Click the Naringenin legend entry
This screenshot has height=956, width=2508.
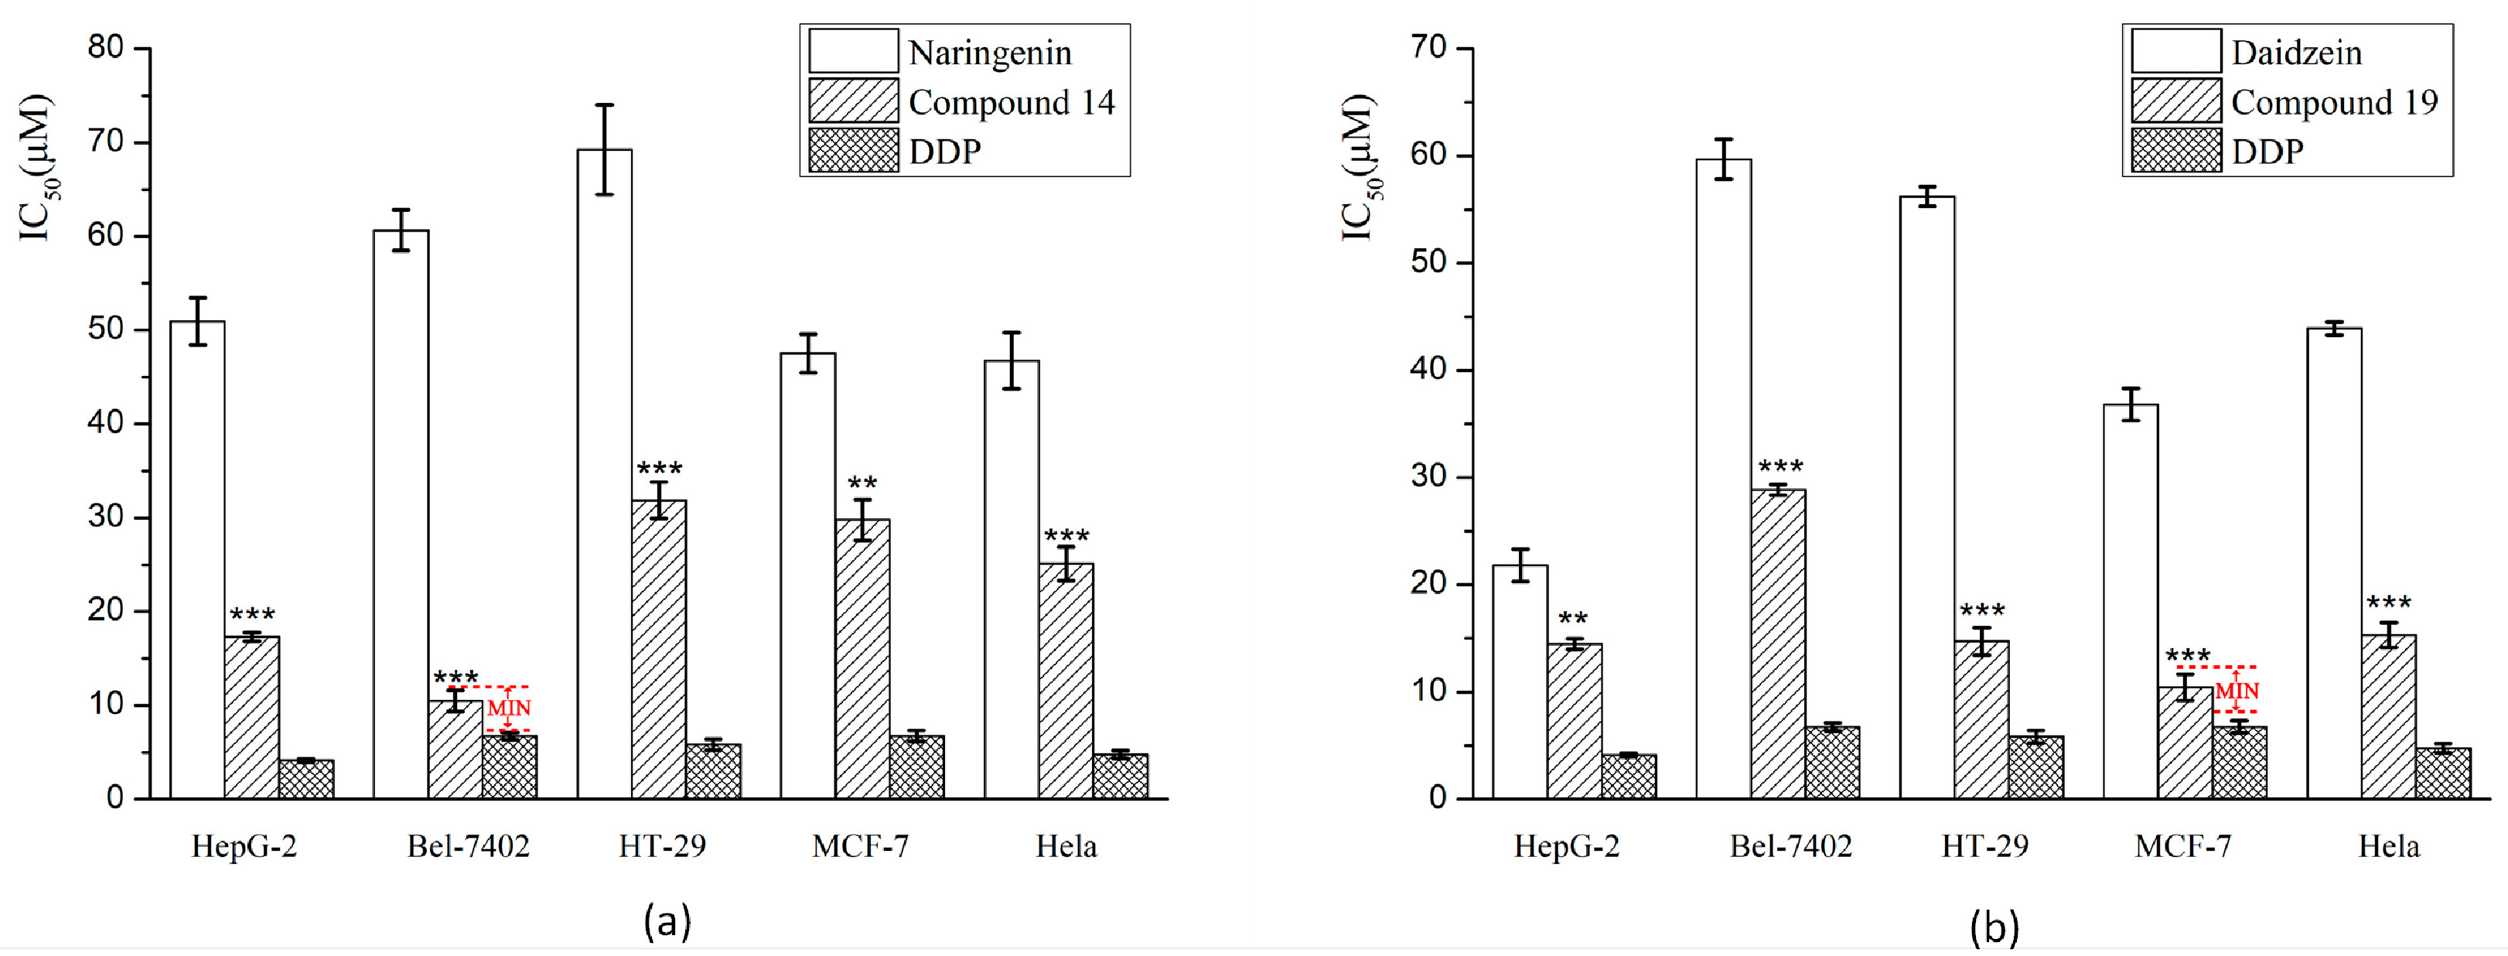[x=988, y=53]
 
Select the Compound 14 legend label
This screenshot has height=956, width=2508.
[x=1011, y=102]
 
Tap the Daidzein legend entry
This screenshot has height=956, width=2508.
[x=2296, y=53]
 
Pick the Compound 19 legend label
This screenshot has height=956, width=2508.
[x=2334, y=102]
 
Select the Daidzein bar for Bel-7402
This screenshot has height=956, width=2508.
[x=1723, y=477]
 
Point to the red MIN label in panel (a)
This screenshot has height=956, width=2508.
[x=509, y=708]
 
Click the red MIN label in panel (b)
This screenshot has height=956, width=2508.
[x=2237, y=691]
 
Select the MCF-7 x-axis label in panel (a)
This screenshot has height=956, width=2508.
[x=860, y=846]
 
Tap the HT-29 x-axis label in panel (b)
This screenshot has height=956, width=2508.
[x=1984, y=846]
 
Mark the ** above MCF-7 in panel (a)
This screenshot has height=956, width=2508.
[x=862, y=484]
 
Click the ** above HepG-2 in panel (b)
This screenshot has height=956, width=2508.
[x=1572, y=620]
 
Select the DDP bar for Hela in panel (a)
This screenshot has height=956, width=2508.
[x=1120, y=776]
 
